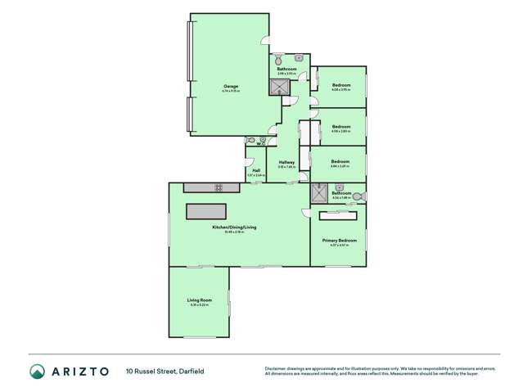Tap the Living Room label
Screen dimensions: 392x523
tap(200, 300)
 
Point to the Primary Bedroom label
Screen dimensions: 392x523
tap(340, 241)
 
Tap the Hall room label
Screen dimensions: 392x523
tap(255, 170)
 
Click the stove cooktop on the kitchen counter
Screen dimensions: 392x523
tap(219, 187)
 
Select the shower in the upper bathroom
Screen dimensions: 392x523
tap(281, 88)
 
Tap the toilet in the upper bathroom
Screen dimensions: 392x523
tap(280, 59)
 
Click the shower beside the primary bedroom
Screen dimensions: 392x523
tap(318, 194)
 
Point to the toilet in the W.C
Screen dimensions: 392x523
tap(250, 141)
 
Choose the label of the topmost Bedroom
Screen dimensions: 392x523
tap(341, 85)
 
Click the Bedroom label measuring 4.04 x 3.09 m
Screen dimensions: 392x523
tap(340, 161)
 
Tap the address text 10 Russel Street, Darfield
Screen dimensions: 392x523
tap(165, 372)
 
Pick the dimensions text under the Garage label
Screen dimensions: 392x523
tap(232, 91)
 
